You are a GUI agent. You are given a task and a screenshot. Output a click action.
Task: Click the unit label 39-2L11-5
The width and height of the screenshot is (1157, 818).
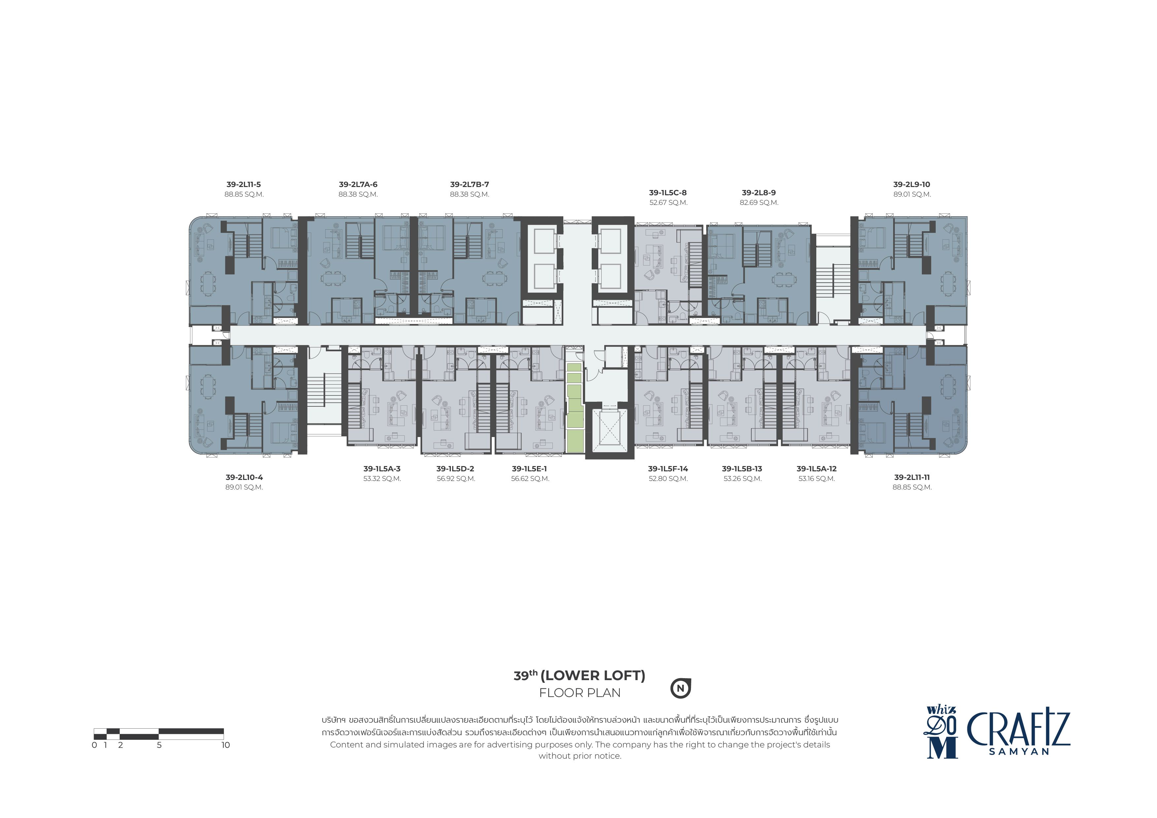(243, 184)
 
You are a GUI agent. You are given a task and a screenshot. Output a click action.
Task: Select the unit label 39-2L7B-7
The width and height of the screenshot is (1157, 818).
(470, 184)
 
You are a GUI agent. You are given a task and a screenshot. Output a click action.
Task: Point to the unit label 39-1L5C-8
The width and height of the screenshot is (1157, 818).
(668, 193)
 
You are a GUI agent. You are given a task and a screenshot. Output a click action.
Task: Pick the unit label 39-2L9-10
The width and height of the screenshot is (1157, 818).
(912, 184)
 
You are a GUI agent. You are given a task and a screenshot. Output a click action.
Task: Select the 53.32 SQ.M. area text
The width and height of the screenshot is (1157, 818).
(382, 479)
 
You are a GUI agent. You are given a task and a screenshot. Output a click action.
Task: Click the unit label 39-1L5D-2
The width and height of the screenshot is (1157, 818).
(455, 469)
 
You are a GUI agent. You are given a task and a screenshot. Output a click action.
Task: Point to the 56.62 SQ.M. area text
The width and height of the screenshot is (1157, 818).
(530, 479)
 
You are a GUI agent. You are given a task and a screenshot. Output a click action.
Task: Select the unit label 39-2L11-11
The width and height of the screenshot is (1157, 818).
(912, 477)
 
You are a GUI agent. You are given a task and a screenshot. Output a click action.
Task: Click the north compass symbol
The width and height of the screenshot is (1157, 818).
(680, 688)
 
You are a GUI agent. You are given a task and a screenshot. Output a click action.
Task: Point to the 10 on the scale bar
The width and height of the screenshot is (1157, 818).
(225, 745)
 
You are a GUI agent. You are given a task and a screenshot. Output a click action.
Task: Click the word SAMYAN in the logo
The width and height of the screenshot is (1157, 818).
(1019, 751)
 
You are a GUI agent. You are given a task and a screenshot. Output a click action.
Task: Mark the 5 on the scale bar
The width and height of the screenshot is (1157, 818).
(159, 745)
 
